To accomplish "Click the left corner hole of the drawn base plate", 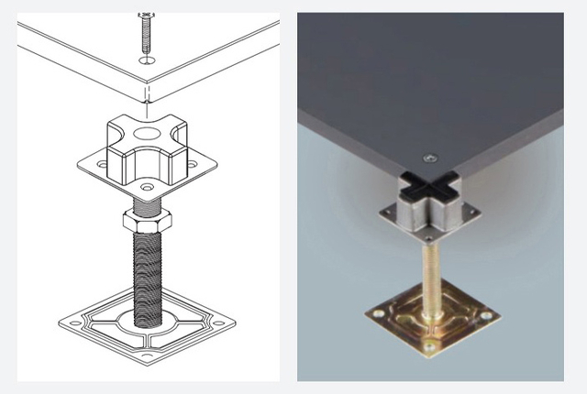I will click(x=72, y=321).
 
